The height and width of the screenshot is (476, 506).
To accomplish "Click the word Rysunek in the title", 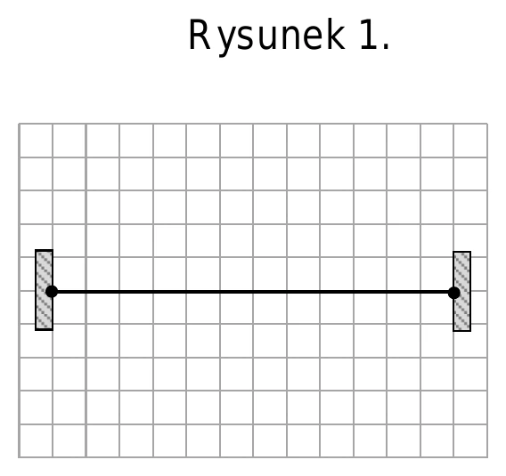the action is (x=267, y=36).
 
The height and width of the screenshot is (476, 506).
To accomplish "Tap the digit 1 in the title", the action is (x=369, y=34).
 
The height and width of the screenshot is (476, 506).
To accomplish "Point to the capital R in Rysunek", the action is (x=200, y=34).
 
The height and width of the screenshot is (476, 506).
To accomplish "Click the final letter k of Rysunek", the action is (x=335, y=34).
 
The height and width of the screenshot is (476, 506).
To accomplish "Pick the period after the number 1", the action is (x=387, y=46).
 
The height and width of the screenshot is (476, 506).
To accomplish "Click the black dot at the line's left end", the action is (x=52, y=292).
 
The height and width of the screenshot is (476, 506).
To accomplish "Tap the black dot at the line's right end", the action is (x=454, y=293).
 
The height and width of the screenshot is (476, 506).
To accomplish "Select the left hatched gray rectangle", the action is (x=45, y=290).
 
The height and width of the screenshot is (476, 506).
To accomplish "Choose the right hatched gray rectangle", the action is (x=462, y=291).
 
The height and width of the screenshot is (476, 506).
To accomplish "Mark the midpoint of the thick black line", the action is (x=253, y=292).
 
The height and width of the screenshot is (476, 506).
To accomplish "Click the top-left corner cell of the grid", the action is (x=36, y=141).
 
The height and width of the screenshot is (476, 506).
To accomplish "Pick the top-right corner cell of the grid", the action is (x=470, y=141).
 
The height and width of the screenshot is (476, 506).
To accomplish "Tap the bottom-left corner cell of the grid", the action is (x=36, y=440).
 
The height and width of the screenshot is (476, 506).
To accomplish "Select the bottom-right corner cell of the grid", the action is (x=470, y=440).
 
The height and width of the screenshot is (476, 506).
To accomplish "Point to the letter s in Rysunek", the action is (x=245, y=38).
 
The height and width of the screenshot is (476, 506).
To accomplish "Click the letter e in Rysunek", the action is (x=313, y=38).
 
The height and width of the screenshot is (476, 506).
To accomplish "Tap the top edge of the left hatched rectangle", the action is (x=45, y=250).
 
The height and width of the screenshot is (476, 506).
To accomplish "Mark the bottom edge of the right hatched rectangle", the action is (x=462, y=330).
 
